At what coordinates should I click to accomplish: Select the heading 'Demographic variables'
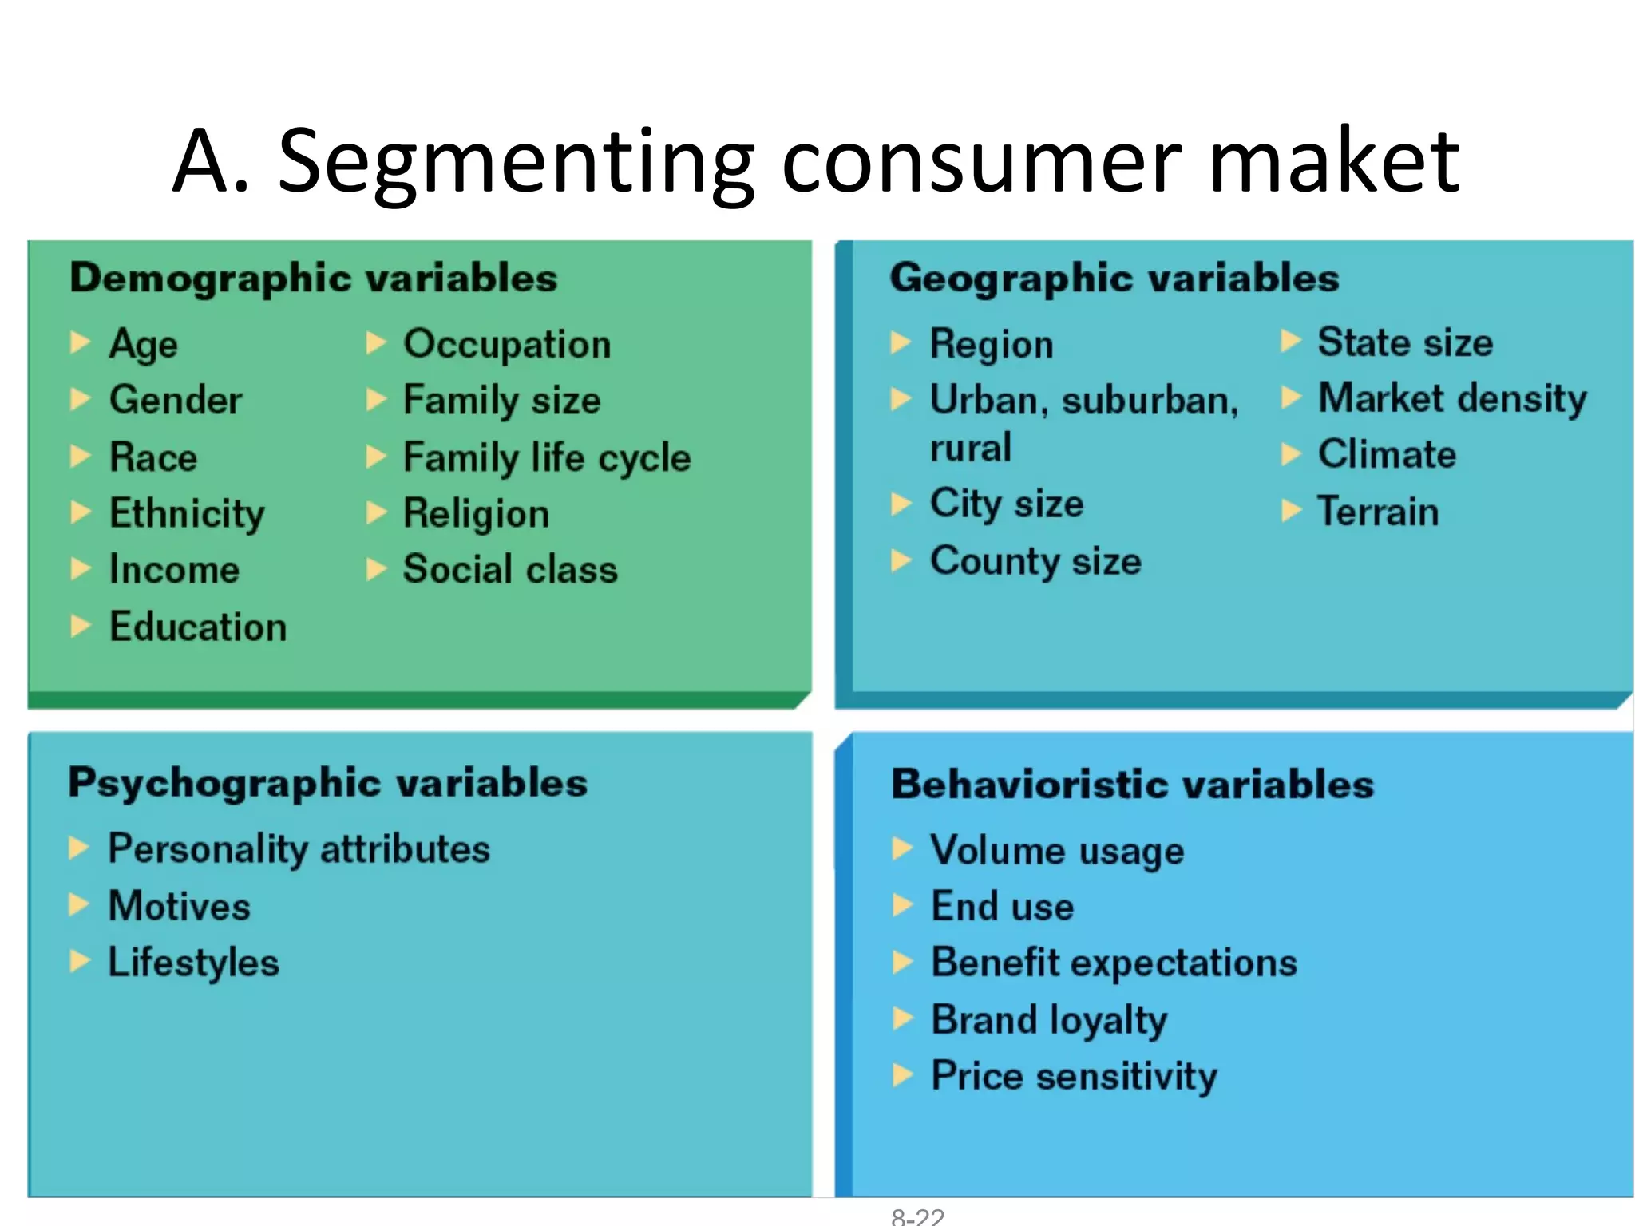pyautogui.click(x=313, y=279)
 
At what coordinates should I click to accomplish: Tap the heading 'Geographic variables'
pyautogui.click(x=1114, y=279)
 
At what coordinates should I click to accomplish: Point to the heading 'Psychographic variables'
pyautogui.click(x=327, y=783)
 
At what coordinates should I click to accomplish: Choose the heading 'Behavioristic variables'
pyautogui.click(x=1132, y=785)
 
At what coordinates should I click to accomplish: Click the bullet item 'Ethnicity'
pyautogui.click(x=187, y=513)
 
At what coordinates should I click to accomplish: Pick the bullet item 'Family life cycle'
pyautogui.click(x=547, y=457)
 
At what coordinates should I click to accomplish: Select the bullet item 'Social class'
pyautogui.click(x=510, y=569)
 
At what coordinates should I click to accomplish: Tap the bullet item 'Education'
pyautogui.click(x=198, y=627)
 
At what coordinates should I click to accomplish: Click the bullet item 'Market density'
pyautogui.click(x=1452, y=398)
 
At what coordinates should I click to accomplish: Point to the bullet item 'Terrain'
pyautogui.click(x=1378, y=512)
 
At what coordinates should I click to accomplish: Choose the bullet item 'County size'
pyautogui.click(x=1035, y=561)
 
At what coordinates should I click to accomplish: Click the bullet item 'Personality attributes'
pyautogui.click(x=299, y=848)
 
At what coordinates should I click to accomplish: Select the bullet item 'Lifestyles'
pyautogui.click(x=193, y=963)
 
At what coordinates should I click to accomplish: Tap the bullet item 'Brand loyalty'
pyautogui.click(x=1049, y=1020)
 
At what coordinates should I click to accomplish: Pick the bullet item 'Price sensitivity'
pyautogui.click(x=1074, y=1077)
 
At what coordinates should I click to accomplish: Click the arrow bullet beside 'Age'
pyautogui.click(x=80, y=342)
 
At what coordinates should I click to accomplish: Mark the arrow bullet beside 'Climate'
pyautogui.click(x=1291, y=454)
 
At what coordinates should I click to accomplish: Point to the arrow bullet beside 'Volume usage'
pyautogui.click(x=902, y=848)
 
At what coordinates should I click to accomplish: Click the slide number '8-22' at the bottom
pyautogui.click(x=917, y=1216)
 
